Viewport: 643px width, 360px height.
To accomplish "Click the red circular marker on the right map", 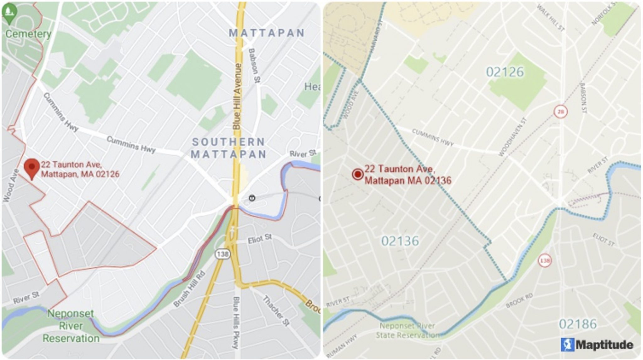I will (x=358, y=174).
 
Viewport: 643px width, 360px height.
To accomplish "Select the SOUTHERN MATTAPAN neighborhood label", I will (x=229, y=148).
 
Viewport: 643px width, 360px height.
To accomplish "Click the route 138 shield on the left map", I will (x=223, y=254).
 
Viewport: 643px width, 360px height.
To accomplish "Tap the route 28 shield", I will (x=560, y=111).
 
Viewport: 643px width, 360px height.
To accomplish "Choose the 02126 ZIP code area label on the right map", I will (x=505, y=72).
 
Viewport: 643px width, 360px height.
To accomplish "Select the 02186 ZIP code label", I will (x=578, y=324).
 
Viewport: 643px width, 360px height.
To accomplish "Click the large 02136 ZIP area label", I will (x=400, y=241).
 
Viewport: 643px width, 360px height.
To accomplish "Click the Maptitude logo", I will (x=597, y=345).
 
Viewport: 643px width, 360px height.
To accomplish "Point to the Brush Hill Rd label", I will (x=189, y=289).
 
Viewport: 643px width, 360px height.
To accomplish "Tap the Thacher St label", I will (x=276, y=310).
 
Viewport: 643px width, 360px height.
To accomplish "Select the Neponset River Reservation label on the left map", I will (x=71, y=326).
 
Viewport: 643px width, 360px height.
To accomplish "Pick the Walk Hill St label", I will (x=550, y=18).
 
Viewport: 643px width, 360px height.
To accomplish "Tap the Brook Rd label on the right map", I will (x=519, y=300).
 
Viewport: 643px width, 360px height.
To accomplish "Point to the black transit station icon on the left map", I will (x=252, y=198).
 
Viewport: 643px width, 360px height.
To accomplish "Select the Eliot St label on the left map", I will (x=260, y=239).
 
